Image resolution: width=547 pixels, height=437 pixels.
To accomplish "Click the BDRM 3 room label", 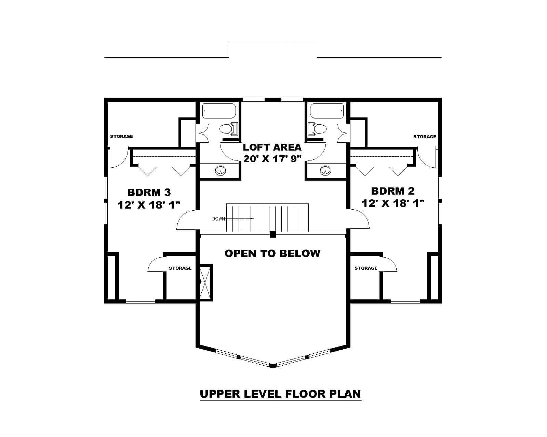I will click(x=149, y=192).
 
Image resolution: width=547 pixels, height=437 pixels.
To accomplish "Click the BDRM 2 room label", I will click(x=393, y=191).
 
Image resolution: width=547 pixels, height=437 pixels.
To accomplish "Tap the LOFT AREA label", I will click(x=272, y=147).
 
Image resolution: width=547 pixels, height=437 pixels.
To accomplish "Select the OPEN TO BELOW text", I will click(x=272, y=253).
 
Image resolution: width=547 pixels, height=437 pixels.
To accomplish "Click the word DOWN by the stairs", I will click(x=218, y=219).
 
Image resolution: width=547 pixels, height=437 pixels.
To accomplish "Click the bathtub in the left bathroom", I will click(x=219, y=111).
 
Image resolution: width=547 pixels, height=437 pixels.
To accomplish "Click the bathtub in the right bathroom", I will click(x=326, y=111).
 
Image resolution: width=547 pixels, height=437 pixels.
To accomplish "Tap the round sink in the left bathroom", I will click(x=221, y=171).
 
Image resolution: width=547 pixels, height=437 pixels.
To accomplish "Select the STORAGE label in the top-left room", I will click(x=121, y=136).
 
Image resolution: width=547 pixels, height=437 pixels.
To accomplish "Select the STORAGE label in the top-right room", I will click(x=425, y=137).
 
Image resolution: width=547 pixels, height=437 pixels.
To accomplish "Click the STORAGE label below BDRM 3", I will click(x=180, y=268).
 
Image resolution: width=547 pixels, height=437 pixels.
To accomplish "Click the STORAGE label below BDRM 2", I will click(x=366, y=268).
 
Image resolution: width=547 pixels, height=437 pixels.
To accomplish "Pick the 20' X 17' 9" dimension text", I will click(x=272, y=159).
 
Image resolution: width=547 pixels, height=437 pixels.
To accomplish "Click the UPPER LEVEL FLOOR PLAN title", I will click(x=280, y=394).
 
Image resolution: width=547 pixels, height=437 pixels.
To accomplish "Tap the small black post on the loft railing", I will click(x=273, y=234).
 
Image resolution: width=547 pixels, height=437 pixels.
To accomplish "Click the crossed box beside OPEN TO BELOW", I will click(x=206, y=282).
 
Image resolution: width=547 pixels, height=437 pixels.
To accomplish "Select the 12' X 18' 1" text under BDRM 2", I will click(x=393, y=203).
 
